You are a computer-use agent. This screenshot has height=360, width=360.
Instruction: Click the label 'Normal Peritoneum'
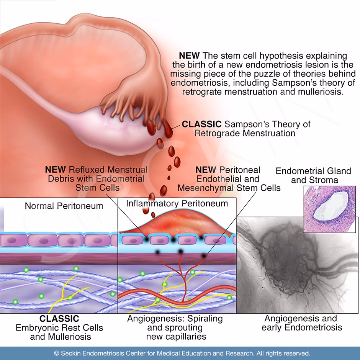point(64,206)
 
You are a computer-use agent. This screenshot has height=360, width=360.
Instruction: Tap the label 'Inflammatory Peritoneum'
point(177,203)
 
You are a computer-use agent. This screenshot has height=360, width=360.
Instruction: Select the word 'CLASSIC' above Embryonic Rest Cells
point(59,319)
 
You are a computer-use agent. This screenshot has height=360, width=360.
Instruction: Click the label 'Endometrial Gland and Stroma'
point(313,175)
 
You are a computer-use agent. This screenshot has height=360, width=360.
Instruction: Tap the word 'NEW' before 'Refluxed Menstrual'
point(56,170)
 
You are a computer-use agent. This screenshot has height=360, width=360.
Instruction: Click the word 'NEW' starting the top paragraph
point(189,56)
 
